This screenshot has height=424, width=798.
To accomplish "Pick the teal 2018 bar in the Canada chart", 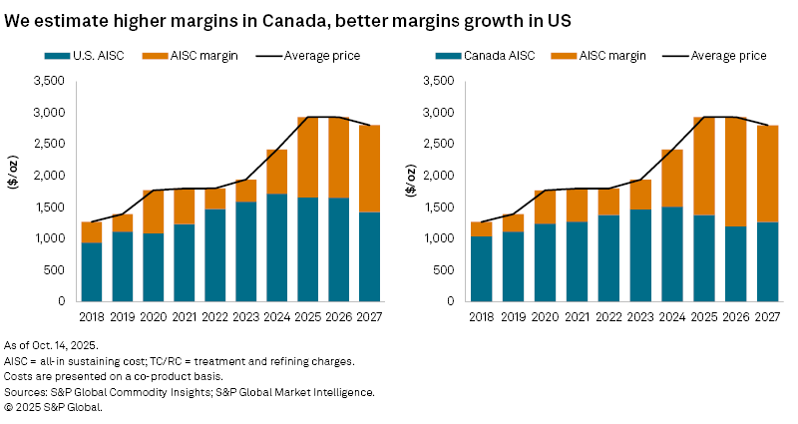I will coord(482,268).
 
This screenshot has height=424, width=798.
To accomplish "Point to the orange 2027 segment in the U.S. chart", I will coord(370,169).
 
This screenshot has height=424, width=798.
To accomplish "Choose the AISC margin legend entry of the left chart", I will coord(204,56).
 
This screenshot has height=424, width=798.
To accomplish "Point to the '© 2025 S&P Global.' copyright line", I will coord(60,406).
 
